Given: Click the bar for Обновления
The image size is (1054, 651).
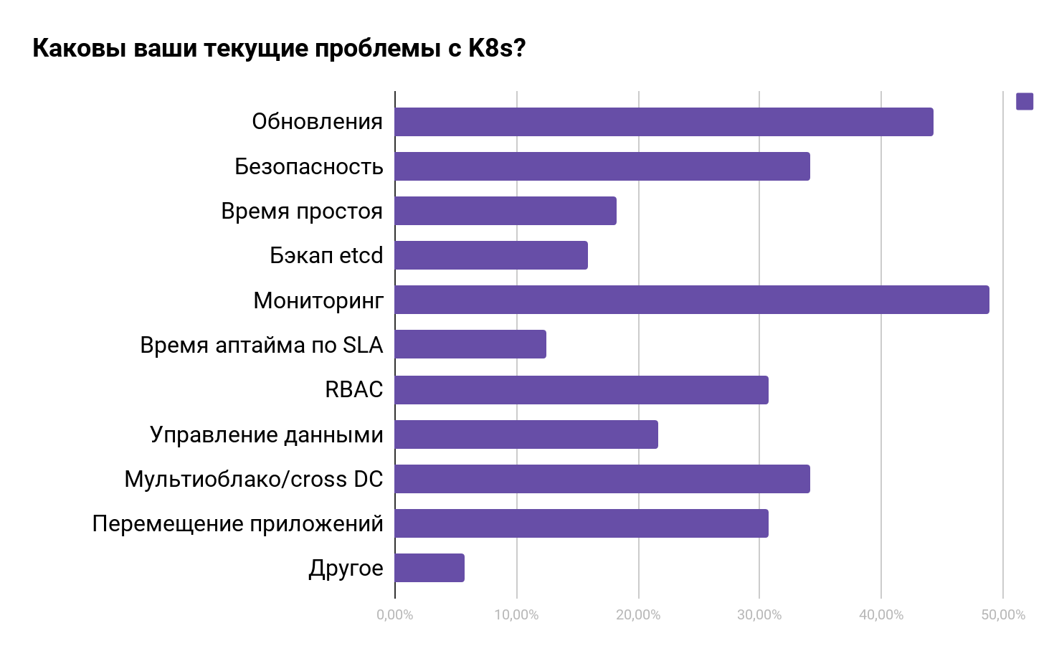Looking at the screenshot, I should pos(664,122).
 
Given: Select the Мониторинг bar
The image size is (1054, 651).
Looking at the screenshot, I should pos(692,300).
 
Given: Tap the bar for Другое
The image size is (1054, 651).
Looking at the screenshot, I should pos(429,568).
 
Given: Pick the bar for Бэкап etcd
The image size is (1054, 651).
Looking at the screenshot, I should pos(491,255).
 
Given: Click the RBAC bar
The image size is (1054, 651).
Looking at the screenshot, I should pos(581,390).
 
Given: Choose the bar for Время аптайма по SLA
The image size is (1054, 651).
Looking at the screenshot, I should pos(470,344).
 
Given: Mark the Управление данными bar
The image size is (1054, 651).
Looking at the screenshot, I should pos(526,434).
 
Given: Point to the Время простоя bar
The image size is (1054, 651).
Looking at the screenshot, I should pos(505,211).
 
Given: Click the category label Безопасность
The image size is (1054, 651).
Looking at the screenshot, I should pos(309,166).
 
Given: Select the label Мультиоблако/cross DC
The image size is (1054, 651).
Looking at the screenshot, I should pos(254,479).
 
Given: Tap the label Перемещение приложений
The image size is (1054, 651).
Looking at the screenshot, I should pos(238,523).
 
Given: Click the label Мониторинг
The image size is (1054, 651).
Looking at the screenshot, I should pos(318,300).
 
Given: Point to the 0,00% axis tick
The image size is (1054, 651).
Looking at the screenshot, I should pos(395,615).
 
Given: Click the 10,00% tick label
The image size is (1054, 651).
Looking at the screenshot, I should pos(516,615).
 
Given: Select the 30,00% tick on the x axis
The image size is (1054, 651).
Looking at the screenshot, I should pos(759,615).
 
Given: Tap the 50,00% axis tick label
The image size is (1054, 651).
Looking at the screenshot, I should pos(1002,615).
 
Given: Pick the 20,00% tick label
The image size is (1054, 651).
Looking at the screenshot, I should pos(638,615).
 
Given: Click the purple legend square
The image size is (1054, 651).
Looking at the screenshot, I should pos(1025,102).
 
